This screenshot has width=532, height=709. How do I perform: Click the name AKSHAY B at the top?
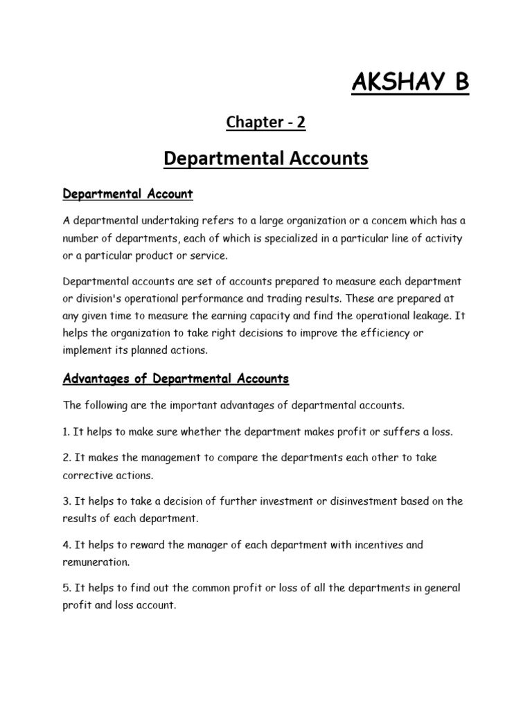(410, 82)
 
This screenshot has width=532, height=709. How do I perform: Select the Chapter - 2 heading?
(266, 123)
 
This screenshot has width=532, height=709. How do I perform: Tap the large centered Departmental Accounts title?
(266, 159)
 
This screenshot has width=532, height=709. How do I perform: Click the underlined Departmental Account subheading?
(127, 195)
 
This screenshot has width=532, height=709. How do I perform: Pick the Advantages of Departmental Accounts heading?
(176, 379)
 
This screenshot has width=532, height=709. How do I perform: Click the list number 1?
(66, 431)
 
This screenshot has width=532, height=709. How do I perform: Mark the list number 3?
(66, 501)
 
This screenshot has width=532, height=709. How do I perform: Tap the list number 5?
(66, 588)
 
